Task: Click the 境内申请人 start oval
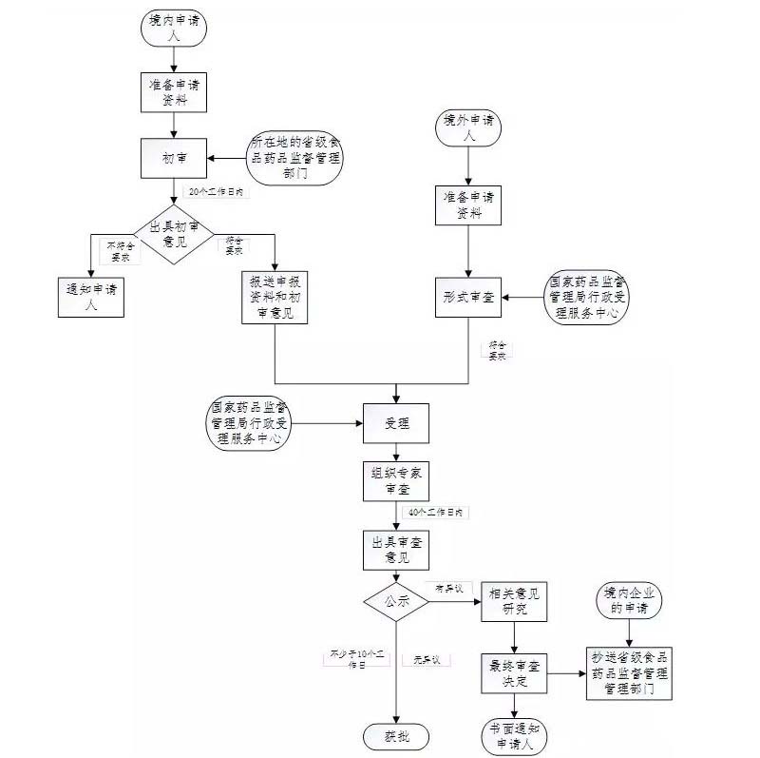(x=172, y=27)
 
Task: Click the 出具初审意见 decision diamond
(x=174, y=234)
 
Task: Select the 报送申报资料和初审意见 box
(x=275, y=298)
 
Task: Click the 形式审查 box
(x=468, y=298)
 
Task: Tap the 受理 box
(x=395, y=422)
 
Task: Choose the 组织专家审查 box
(x=396, y=480)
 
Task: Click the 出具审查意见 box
(x=396, y=550)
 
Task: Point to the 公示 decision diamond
(x=396, y=601)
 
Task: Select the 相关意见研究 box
(x=513, y=601)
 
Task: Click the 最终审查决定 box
(x=514, y=673)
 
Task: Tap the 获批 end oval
(x=395, y=736)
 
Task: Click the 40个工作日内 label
(x=434, y=513)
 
